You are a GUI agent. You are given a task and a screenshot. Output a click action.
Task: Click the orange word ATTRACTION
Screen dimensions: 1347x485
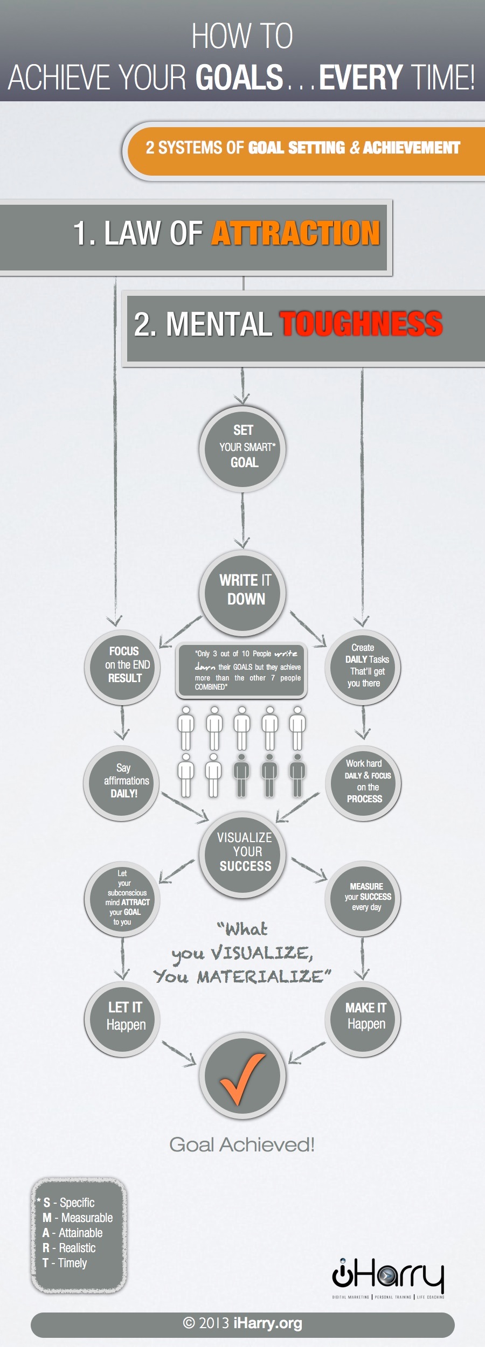coord(296,233)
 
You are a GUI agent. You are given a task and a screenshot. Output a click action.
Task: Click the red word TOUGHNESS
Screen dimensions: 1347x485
coord(361,324)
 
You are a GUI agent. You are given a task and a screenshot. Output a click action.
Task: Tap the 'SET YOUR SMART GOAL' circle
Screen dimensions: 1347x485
coord(242,448)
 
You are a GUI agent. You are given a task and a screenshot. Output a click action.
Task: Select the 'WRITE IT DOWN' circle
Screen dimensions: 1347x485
coord(242,592)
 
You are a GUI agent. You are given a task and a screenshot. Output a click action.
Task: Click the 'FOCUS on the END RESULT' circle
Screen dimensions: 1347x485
coord(122,666)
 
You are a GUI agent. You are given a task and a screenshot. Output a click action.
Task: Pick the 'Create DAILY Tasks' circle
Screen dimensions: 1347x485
coord(363,666)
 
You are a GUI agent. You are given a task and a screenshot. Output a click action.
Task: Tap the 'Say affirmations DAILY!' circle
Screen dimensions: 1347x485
coord(122,782)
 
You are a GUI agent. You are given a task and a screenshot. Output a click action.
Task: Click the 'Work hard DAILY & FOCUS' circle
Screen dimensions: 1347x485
coord(363,782)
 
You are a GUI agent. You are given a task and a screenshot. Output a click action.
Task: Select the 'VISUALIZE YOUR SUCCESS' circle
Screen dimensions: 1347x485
coord(242,853)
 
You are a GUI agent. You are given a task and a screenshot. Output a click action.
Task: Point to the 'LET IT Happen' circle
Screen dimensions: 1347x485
coord(122,1017)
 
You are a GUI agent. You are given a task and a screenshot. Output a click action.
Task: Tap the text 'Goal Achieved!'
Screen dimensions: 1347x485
coord(242,1144)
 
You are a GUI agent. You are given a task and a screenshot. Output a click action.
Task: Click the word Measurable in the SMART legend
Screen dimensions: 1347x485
coord(87,1217)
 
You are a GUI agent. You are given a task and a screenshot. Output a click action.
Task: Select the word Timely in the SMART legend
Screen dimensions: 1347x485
coord(72,1262)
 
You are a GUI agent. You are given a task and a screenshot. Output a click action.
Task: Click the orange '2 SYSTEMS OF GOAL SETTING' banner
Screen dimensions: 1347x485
coord(303,148)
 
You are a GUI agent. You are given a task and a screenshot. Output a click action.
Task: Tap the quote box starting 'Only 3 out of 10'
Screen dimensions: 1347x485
coord(241,670)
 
